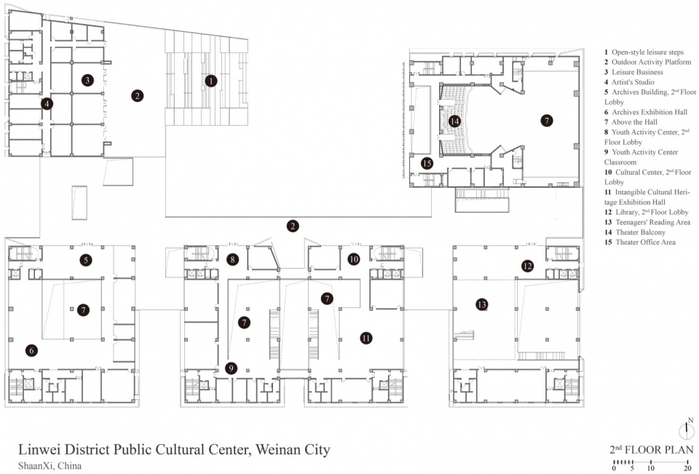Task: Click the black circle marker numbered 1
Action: click(211, 81)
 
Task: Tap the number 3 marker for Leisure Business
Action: click(87, 80)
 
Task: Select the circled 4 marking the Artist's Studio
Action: click(47, 104)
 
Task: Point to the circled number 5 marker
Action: click(86, 260)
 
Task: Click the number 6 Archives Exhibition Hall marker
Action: click(31, 350)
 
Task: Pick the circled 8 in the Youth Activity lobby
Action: click(232, 259)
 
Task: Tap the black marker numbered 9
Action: click(231, 368)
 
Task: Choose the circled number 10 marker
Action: click(354, 259)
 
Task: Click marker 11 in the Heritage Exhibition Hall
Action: click(366, 338)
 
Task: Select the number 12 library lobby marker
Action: click(527, 266)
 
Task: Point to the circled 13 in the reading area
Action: click(481, 304)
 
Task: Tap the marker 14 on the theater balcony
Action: click(454, 121)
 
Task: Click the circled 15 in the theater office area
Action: click(427, 163)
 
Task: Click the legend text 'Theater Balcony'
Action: click(640, 232)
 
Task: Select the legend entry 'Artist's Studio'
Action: click(633, 82)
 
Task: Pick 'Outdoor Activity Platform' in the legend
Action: click(651, 62)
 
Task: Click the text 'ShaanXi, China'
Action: click(50, 466)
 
